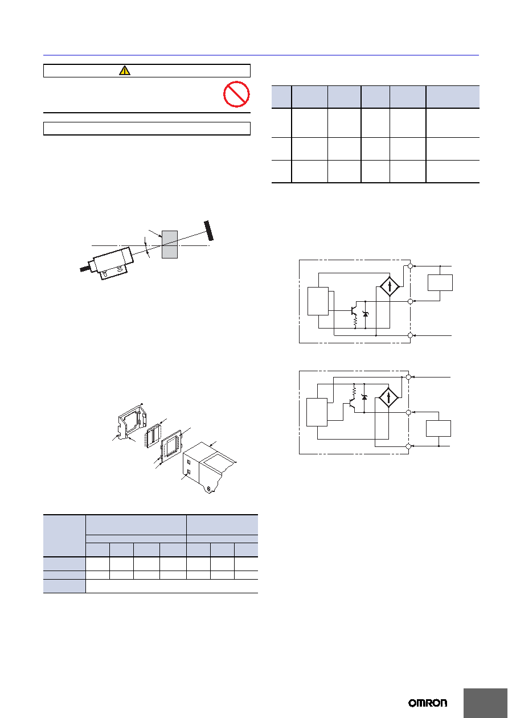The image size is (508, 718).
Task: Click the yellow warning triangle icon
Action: (124, 71)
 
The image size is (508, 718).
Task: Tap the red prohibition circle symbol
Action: (236, 94)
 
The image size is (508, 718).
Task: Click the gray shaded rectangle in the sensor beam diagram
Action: (170, 244)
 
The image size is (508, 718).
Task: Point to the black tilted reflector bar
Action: (208, 231)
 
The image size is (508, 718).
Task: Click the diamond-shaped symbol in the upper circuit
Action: (390, 286)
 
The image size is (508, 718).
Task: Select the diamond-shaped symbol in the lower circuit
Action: (388, 397)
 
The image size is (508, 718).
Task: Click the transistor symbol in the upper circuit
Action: (353, 310)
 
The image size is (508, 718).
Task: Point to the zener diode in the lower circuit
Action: (364, 397)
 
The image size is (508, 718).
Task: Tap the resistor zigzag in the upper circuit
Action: (355, 322)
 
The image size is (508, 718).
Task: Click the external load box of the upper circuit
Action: (440, 283)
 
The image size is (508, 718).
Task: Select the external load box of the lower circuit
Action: (439, 428)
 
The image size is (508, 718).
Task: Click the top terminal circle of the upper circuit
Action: (410, 266)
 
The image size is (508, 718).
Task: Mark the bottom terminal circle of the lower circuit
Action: (408, 446)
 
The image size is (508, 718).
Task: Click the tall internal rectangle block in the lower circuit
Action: (317, 412)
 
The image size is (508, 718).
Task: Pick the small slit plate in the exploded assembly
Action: (153, 435)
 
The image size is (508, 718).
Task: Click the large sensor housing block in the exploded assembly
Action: (209, 467)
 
